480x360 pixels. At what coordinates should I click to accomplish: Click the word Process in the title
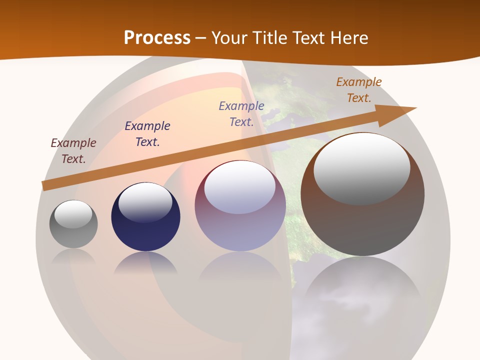point(157,37)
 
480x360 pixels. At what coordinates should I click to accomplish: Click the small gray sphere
point(73,230)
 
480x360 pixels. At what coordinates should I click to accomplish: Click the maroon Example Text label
point(73,151)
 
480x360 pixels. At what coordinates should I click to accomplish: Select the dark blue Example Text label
point(147,134)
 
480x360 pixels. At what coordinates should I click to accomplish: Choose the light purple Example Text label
point(241,113)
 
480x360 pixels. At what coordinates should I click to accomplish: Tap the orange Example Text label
point(358,90)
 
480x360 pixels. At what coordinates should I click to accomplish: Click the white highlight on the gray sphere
point(73,214)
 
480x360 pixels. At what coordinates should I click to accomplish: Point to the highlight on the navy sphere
point(145,202)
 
